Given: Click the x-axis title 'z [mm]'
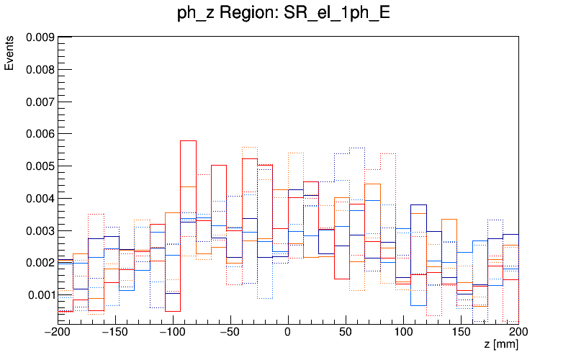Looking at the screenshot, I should click(501, 345).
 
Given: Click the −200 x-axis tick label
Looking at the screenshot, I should click(58, 332).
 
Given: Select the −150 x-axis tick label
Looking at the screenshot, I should click(115, 332).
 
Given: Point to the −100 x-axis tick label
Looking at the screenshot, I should click(173, 332).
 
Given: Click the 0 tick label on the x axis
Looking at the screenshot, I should click(288, 332).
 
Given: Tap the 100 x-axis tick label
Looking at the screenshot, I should click(403, 332).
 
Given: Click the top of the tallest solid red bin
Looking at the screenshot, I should click(188, 140).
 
